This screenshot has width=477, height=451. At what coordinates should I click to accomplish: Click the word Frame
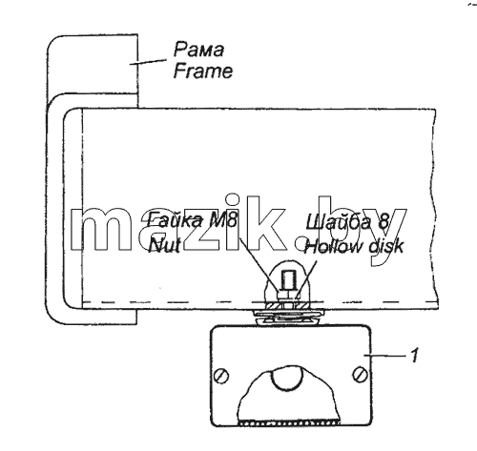tap(203, 72)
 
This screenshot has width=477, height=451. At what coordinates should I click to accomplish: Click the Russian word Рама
tap(198, 50)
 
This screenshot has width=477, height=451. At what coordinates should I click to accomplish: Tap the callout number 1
tap(414, 355)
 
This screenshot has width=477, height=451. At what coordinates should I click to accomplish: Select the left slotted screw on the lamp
tap(221, 377)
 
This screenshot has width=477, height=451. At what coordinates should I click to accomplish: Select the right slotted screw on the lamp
tap(361, 374)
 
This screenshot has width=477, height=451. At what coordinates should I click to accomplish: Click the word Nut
tap(165, 245)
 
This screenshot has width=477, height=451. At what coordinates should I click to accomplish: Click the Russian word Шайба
tap(338, 221)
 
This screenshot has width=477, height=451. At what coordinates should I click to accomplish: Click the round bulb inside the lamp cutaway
tap(286, 378)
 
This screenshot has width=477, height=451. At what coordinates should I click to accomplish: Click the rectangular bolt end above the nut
tap(289, 278)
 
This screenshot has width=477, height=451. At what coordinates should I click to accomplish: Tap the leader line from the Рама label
tap(148, 62)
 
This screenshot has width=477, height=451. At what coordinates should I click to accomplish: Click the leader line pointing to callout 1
tap(385, 355)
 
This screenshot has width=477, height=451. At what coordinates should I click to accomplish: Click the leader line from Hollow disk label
tap(306, 279)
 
